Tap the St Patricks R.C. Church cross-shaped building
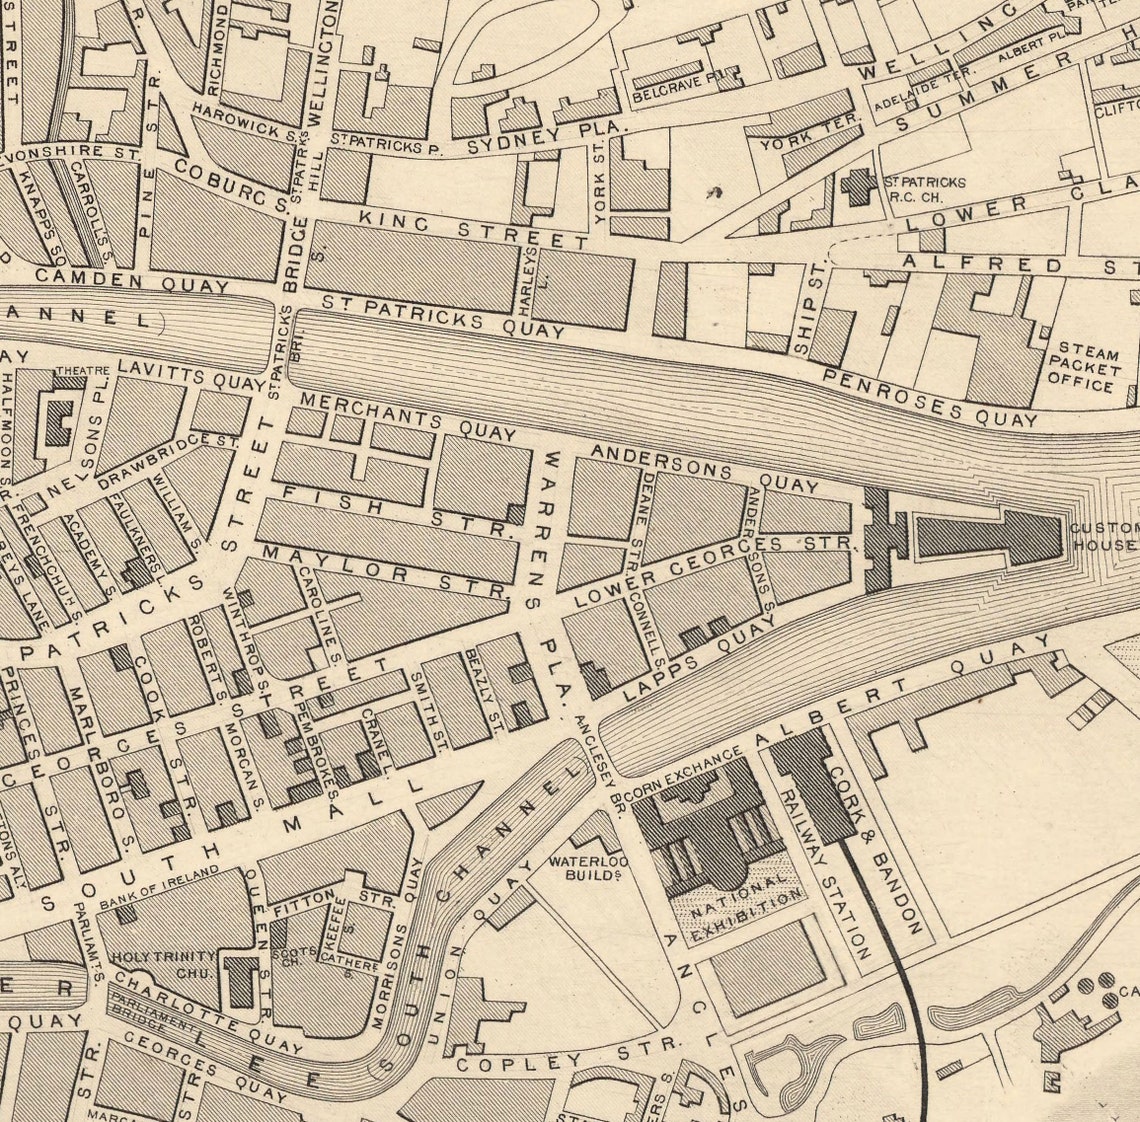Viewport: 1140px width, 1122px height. coord(857,187)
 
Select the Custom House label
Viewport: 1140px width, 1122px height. coord(1104,536)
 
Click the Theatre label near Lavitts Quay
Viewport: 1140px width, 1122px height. coord(83,370)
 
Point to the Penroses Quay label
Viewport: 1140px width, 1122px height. coord(930,397)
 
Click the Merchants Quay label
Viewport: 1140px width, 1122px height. coord(408,415)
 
